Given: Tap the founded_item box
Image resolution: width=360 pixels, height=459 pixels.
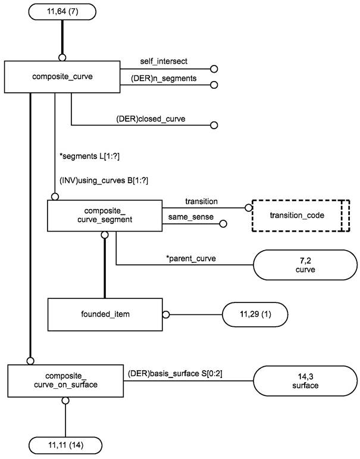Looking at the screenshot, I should [x=105, y=314].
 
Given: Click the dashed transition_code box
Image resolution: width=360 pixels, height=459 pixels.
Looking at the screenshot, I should [x=300, y=215].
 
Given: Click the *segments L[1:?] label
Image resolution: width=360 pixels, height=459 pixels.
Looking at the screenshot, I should [x=86, y=157].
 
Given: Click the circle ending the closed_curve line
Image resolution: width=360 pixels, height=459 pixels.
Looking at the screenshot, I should [x=214, y=126].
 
